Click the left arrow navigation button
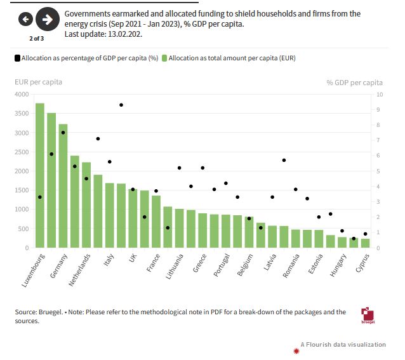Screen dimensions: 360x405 (x=26, y=20)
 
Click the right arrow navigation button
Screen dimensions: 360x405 (x=47, y=20)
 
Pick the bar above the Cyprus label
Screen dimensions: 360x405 (x=364, y=243)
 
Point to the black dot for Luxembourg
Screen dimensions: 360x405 (x=40, y=197)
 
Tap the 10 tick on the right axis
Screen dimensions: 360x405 (x=380, y=95)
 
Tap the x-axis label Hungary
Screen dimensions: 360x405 (x=336, y=266)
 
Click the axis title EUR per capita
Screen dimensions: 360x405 (x=38, y=82)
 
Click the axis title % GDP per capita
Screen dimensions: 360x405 (x=354, y=82)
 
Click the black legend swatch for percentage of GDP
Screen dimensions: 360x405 (x=17, y=58)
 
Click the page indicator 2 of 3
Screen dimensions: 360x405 (x=36, y=38)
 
